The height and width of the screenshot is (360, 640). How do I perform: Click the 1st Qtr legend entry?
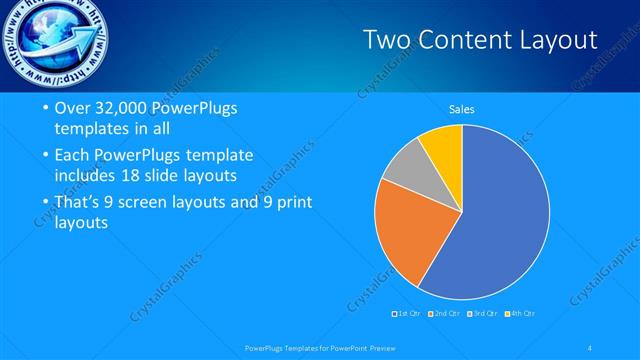click(408, 314)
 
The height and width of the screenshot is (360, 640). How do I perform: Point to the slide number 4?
click(591, 348)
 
